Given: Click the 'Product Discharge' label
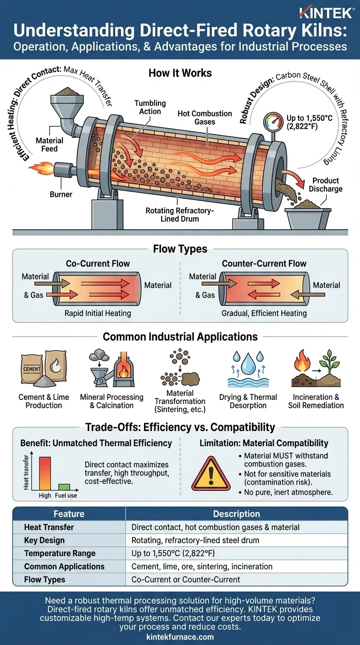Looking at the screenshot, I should [x=325, y=185].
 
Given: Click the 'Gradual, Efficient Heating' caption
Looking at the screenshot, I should [x=264, y=313].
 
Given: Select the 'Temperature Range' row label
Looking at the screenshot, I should [x=60, y=553].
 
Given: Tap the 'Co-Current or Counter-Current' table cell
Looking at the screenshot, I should [x=186, y=579].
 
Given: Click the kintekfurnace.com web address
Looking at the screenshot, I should [x=180, y=637].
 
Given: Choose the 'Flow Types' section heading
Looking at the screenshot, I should [x=180, y=249].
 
